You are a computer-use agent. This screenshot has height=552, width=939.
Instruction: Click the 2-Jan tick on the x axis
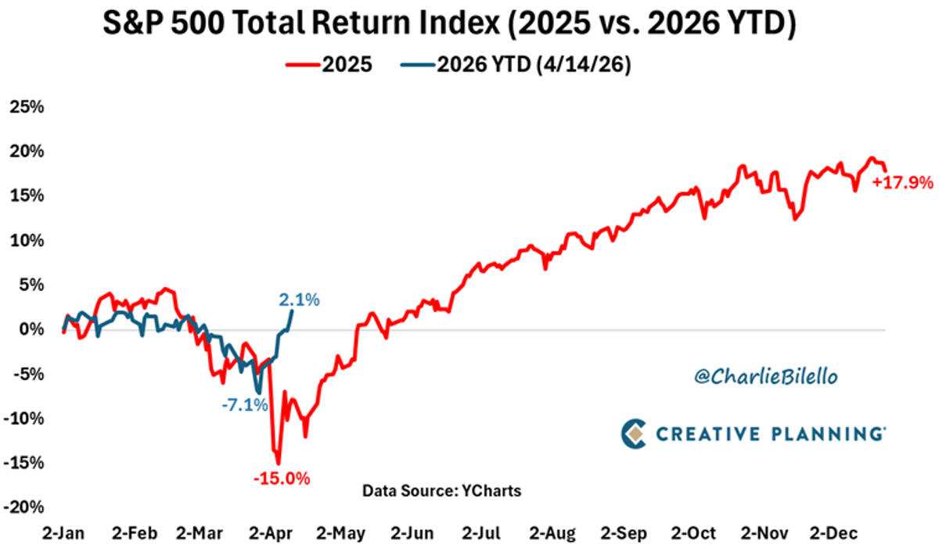[63, 534]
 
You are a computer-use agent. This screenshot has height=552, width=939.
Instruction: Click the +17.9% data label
[904, 183]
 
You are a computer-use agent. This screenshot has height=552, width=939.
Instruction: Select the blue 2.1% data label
[299, 299]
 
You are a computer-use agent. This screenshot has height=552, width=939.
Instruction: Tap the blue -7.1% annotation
[243, 405]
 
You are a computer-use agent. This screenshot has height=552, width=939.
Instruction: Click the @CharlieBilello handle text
[754, 377]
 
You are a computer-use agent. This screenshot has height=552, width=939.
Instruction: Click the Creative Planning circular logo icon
[635, 434]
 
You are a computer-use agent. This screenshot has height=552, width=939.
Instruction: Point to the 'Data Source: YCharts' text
[441, 491]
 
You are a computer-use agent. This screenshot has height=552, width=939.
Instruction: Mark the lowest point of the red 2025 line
[278, 464]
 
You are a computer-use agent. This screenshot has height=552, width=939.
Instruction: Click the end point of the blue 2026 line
[292, 311]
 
